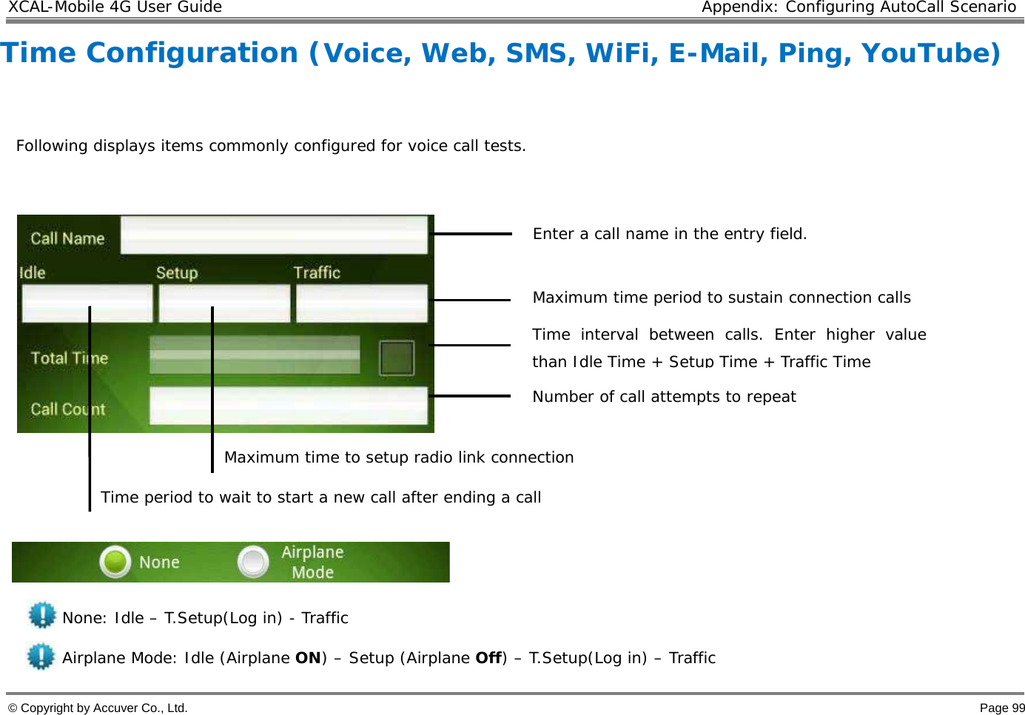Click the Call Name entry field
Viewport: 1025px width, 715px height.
point(274,235)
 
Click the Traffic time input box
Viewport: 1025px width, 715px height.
point(362,303)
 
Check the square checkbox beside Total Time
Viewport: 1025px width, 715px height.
point(397,357)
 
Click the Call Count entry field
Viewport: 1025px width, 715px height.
point(289,406)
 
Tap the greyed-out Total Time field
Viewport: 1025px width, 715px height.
point(255,355)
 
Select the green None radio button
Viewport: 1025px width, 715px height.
point(115,562)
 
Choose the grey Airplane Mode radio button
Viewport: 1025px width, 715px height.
point(253,562)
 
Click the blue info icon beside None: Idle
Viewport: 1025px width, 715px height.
point(42,615)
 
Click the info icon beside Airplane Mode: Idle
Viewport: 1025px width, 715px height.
point(41,657)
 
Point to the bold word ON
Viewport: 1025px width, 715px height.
point(308,658)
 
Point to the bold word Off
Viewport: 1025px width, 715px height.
point(488,658)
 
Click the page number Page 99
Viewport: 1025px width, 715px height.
point(1002,708)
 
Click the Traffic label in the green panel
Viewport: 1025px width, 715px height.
point(317,272)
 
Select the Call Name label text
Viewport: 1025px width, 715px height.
point(67,238)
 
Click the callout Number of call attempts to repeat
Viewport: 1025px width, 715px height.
point(664,397)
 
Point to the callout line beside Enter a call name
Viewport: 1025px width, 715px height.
point(471,233)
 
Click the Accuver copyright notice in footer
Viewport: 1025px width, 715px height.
point(98,708)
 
